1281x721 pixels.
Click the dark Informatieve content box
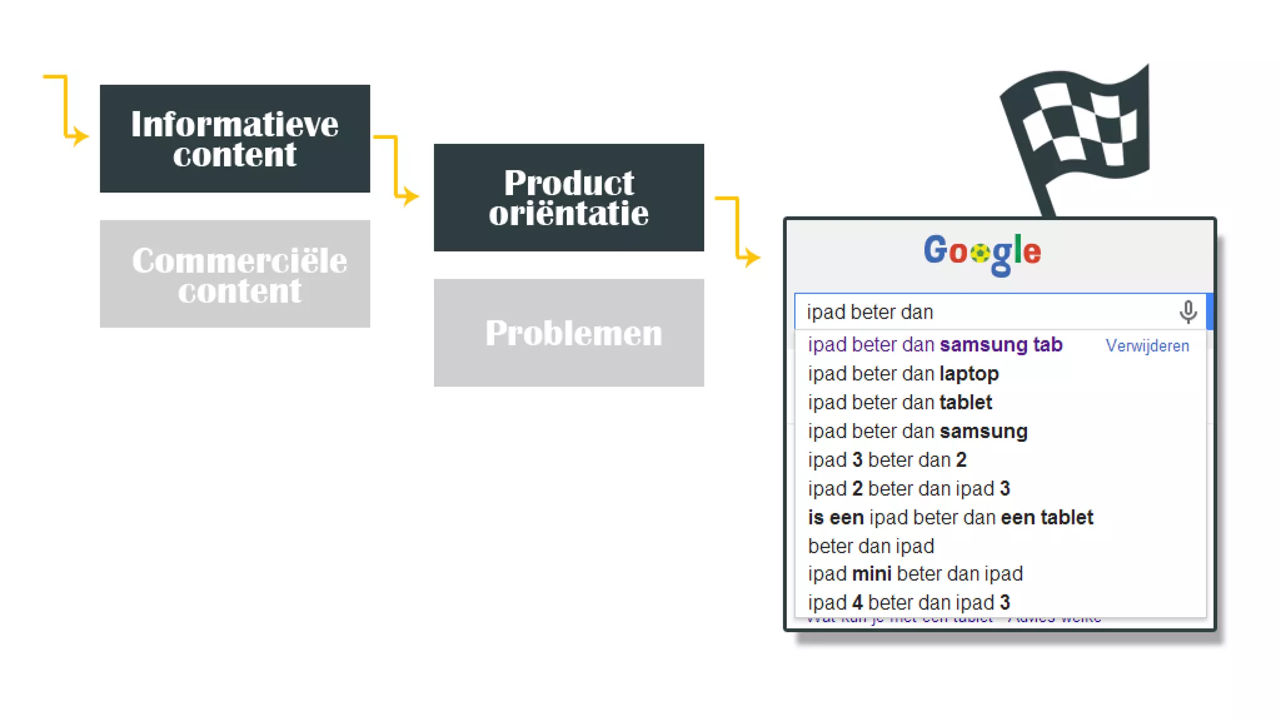point(235,138)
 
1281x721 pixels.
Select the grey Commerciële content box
point(235,274)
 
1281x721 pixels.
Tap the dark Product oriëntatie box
point(569,197)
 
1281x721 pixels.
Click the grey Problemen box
point(569,332)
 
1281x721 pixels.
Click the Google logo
point(982,252)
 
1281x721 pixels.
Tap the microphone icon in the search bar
point(1188,311)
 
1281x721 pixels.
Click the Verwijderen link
point(1147,345)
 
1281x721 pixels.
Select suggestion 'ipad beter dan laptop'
point(903,374)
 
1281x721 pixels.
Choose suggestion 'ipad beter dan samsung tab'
point(934,345)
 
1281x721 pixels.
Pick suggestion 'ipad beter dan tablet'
point(899,402)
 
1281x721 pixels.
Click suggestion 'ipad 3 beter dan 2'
point(887,460)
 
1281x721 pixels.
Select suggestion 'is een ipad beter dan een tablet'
point(950,518)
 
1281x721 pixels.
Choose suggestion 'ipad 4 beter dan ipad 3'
point(908,603)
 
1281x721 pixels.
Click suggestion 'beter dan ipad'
point(871,546)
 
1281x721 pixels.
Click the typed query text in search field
point(869,312)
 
